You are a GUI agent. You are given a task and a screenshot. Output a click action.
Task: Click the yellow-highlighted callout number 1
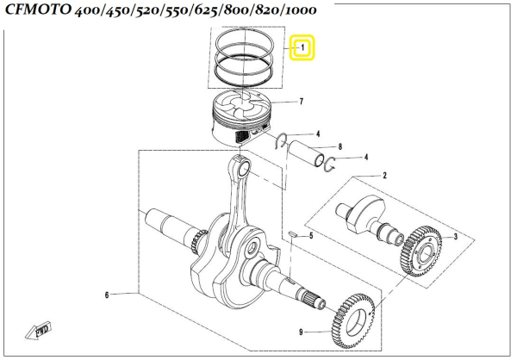(302, 47)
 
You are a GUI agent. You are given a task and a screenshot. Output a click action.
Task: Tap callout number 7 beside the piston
(301, 102)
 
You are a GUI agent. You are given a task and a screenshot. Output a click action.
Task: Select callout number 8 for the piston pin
(341, 147)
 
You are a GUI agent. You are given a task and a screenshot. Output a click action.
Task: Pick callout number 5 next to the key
(311, 235)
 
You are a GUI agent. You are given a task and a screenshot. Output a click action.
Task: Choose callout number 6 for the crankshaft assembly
(107, 295)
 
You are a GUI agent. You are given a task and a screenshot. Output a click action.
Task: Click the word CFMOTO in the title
(42, 12)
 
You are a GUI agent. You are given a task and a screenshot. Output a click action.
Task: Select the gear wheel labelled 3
(422, 250)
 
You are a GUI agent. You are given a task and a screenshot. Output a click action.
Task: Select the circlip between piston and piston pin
(280, 141)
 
